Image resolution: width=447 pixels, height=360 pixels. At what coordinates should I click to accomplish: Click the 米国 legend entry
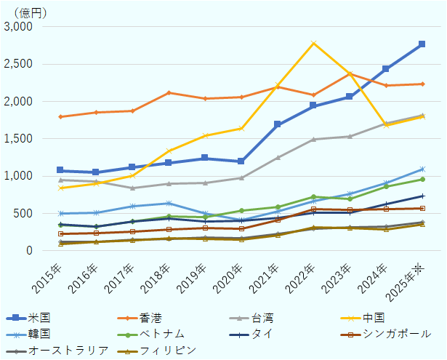point(40,318)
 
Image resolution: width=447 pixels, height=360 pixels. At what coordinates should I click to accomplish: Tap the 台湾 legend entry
point(263,318)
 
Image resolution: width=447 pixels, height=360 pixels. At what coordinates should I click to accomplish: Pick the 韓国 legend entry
point(40,334)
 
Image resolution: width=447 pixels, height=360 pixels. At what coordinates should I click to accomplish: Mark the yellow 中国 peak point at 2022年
point(313,43)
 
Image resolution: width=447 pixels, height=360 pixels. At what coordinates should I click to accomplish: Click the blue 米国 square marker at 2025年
point(422,44)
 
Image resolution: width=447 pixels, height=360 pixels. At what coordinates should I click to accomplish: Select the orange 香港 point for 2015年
point(60,116)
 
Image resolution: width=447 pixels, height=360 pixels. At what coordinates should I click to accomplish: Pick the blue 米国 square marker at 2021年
point(278,124)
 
